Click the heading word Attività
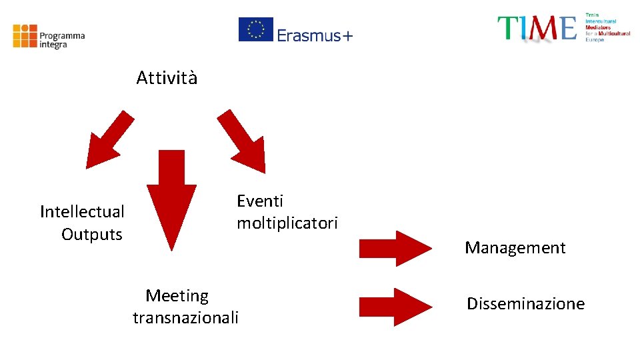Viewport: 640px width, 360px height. [x=167, y=78]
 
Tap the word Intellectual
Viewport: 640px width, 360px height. [x=82, y=212]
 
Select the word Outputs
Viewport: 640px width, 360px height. [x=92, y=235]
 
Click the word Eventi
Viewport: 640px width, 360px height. [x=260, y=201]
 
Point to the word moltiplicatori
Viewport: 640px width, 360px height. [x=287, y=223]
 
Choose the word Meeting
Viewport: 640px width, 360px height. [x=177, y=295]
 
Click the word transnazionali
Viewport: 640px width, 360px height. [x=185, y=318]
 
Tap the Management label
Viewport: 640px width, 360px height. [x=515, y=248]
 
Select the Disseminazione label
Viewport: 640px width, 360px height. [x=525, y=304]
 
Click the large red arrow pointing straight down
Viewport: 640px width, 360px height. [x=171, y=200]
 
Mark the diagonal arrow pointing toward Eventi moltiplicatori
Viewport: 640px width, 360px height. [x=243, y=141]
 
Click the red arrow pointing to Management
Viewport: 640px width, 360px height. [x=395, y=248]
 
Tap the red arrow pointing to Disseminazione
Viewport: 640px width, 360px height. [x=395, y=307]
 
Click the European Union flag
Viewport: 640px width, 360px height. [x=256, y=29]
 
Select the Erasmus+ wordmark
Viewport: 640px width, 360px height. [x=315, y=35]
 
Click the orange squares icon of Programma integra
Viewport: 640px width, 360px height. [x=25, y=36]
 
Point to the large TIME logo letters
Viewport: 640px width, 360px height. [x=537, y=29]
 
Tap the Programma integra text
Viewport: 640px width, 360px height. [x=62, y=40]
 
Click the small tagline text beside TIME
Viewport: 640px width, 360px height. [x=607, y=27]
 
